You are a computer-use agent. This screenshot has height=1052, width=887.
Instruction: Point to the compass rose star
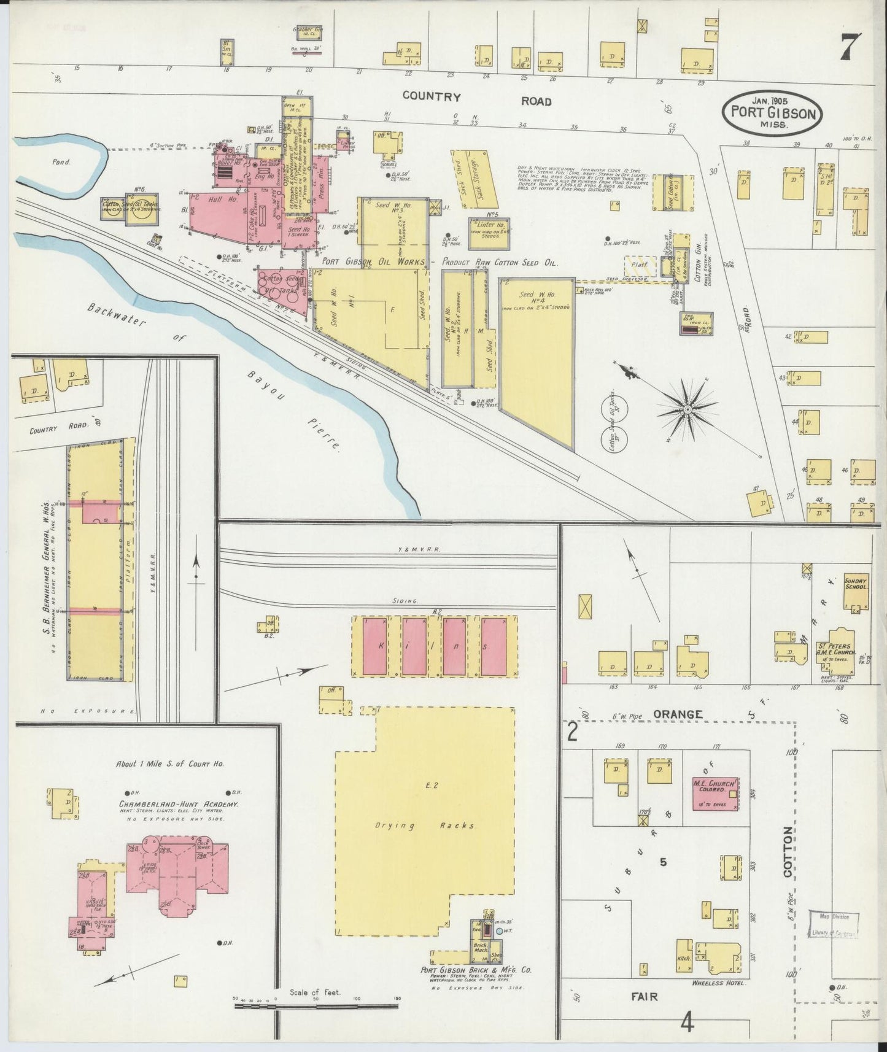[x=688, y=408]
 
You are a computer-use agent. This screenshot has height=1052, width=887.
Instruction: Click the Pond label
[x=61, y=163]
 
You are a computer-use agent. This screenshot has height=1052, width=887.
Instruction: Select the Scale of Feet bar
[x=316, y=1004]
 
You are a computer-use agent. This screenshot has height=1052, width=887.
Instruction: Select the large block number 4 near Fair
[x=688, y=1023]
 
